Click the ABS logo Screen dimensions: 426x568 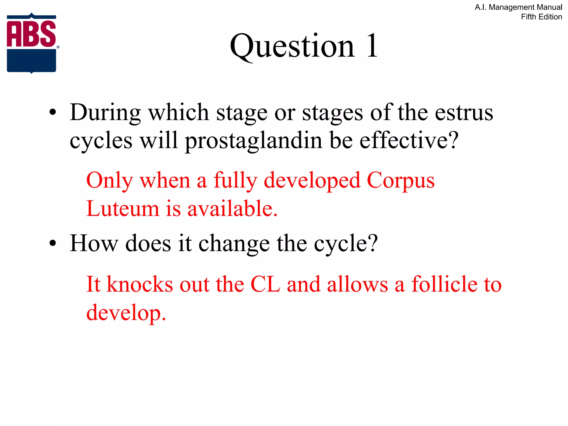pyautogui.click(x=32, y=43)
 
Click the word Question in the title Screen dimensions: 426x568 pyautogui.click(x=292, y=46)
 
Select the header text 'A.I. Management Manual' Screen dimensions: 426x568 pyautogui.click(x=518, y=7)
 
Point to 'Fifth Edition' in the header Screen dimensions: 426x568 pyautogui.click(x=541, y=17)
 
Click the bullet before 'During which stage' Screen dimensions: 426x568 pyautogui.click(x=53, y=113)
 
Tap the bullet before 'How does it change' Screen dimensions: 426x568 pyautogui.click(x=53, y=244)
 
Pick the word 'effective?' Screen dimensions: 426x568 pyautogui.click(x=409, y=140)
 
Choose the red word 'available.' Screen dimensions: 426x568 pyautogui.click(x=232, y=209)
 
